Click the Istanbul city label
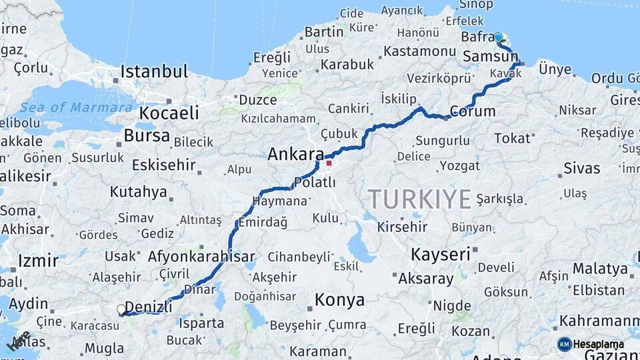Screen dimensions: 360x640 pos(154,71)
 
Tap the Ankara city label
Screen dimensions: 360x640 pos(295,155)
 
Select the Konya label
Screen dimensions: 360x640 pos(340,299)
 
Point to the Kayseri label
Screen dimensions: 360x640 pos(441,254)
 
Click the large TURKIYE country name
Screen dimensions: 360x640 pos(420,199)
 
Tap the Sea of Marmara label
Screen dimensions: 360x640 pos(75,107)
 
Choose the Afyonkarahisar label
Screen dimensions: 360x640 pos(201,256)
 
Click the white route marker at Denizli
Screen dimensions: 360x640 pos(121,309)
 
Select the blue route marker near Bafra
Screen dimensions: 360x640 pos(498,37)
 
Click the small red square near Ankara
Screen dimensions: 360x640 pos(329,163)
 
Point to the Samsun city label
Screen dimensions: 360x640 pos(490,57)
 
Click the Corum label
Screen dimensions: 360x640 pos(473,111)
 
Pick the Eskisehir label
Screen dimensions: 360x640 pos(163,165)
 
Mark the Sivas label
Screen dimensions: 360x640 pos(582,168)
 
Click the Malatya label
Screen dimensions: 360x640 pos(600,269)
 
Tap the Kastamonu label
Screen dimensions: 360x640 pos(420,51)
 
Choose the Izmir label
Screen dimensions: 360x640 pos(39,261)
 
